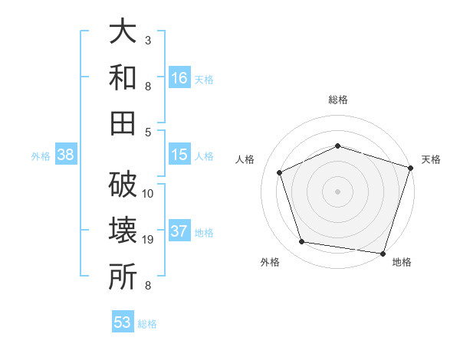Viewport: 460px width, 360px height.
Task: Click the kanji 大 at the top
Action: pos(123,33)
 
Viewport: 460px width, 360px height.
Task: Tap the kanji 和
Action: pos(123,77)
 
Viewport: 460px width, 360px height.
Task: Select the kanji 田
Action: pos(123,122)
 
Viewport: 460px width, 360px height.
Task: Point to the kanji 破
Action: pos(123,185)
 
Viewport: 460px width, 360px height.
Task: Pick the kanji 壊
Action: pos(123,231)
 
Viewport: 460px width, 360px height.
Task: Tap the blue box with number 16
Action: pos(179,77)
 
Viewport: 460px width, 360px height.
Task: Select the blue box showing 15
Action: pos(179,155)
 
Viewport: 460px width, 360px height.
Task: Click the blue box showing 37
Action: pos(179,232)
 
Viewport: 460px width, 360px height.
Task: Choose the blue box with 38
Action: pos(66,155)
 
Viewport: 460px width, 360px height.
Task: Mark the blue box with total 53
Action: pos(123,322)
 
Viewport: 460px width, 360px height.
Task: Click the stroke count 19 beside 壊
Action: pos(148,241)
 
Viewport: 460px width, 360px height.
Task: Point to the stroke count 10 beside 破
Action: pos(148,193)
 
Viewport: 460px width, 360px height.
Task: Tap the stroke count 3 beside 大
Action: pos(148,40)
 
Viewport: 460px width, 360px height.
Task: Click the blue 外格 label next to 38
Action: pos(41,155)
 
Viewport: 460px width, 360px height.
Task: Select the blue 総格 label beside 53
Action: pos(147,324)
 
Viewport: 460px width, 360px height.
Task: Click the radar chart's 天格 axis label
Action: pos(431,159)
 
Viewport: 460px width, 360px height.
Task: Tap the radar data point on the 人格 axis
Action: pos(280,172)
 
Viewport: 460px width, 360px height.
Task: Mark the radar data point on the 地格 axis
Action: pos(383,253)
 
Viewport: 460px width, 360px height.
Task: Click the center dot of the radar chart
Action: pos(337,191)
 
